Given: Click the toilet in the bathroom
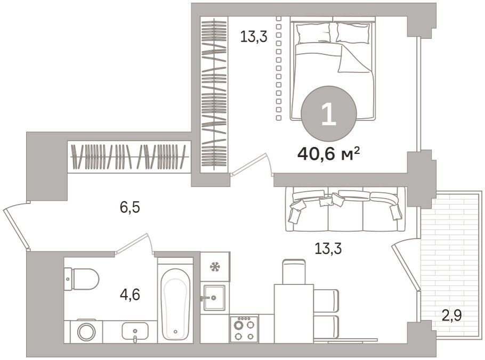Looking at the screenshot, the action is tap(81, 279).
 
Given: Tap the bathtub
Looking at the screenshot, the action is tap(175, 304).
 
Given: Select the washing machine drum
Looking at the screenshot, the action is tap(86, 332).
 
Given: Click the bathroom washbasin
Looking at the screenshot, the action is tap(135, 331).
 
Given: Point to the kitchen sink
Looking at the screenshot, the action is tap(214, 297).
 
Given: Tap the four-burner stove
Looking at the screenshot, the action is tap(244, 329).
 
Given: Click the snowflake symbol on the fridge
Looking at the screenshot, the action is tap(215, 267).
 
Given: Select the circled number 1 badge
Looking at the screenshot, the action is tap(329, 113).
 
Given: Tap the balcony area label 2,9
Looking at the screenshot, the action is tap(451, 315).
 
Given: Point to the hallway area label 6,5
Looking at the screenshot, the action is tap(130, 207).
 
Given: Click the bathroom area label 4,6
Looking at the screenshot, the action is tap(130, 294).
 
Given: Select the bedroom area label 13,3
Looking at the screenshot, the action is tap(254, 37).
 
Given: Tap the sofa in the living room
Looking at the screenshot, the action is tap(345, 209).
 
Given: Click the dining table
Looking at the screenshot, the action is tap(294, 313).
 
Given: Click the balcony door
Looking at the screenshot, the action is tap(406, 266).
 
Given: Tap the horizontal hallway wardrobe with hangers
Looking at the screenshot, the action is tap(129, 157).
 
